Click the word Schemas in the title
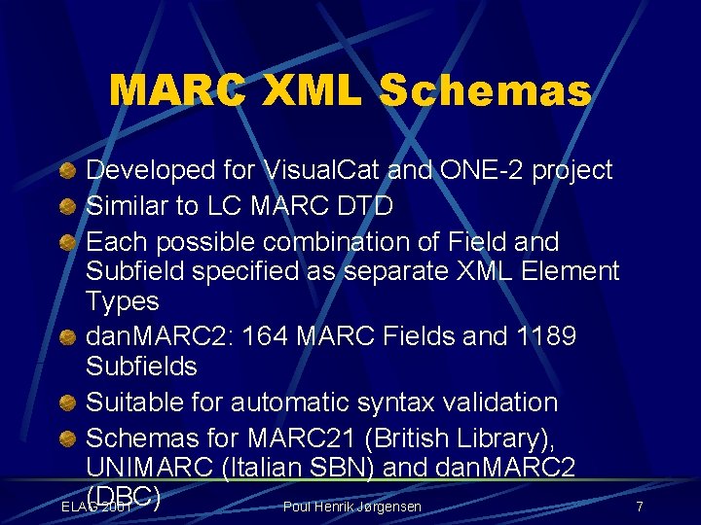pyautogui.click(x=485, y=91)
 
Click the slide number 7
pyautogui.click(x=639, y=507)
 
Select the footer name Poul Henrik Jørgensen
pyautogui.click(x=351, y=507)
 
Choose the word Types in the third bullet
pyautogui.click(x=122, y=300)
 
